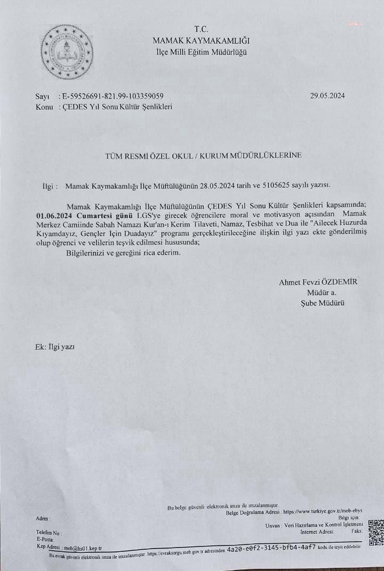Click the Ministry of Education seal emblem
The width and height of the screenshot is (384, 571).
tap(67, 53)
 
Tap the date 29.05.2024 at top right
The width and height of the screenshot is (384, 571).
tap(327, 96)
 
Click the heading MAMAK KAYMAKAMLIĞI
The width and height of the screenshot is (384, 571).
tap(201, 41)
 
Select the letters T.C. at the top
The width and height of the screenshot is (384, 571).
tap(201, 29)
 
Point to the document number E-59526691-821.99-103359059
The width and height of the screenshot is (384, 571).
tap(113, 96)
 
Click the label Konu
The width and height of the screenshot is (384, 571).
tap(44, 107)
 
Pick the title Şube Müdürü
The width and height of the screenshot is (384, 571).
tap(322, 303)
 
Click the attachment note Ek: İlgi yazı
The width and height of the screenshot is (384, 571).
tap(55, 347)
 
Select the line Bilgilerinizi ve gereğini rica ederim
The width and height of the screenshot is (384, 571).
tap(124, 253)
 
